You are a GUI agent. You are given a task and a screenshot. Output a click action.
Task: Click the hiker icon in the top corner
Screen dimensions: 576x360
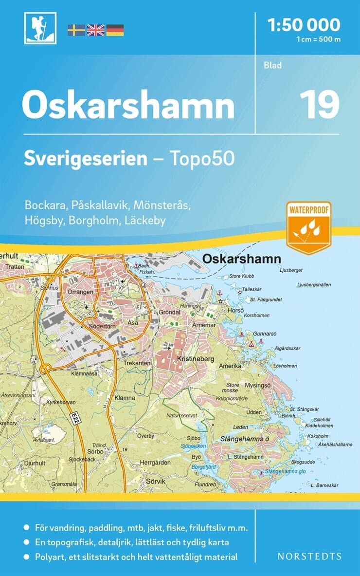tap(40, 28)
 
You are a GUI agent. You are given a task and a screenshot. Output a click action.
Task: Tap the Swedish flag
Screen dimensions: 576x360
tap(76, 30)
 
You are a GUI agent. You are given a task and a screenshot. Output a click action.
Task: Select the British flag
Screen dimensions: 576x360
tap(95, 30)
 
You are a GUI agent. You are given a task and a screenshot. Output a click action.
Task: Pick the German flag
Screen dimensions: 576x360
tap(115, 30)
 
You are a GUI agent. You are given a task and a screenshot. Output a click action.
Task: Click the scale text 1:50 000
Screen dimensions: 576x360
tap(304, 24)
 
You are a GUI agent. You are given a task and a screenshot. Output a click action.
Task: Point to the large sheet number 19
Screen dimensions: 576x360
tap(319, 104)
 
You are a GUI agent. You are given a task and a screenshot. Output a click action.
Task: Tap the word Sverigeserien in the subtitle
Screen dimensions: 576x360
tap(86, 159)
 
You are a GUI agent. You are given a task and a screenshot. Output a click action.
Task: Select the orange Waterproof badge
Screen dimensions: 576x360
tap(309, 227)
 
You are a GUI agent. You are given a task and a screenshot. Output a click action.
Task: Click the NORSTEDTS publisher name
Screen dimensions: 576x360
tap(309, 556)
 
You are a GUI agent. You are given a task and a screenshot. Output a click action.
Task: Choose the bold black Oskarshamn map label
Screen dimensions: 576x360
tap(241, 259)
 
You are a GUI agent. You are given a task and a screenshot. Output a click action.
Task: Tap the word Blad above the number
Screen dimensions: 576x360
tap(273, 65)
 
